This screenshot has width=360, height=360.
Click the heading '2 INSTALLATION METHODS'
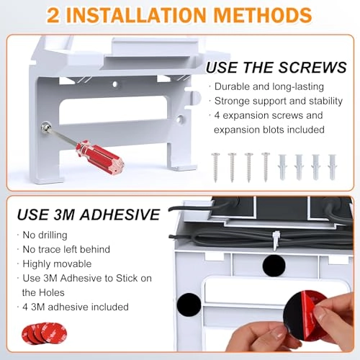point(179,14)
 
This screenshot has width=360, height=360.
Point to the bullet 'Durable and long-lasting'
point(260,86)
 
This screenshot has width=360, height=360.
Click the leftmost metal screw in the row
point(215,166)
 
